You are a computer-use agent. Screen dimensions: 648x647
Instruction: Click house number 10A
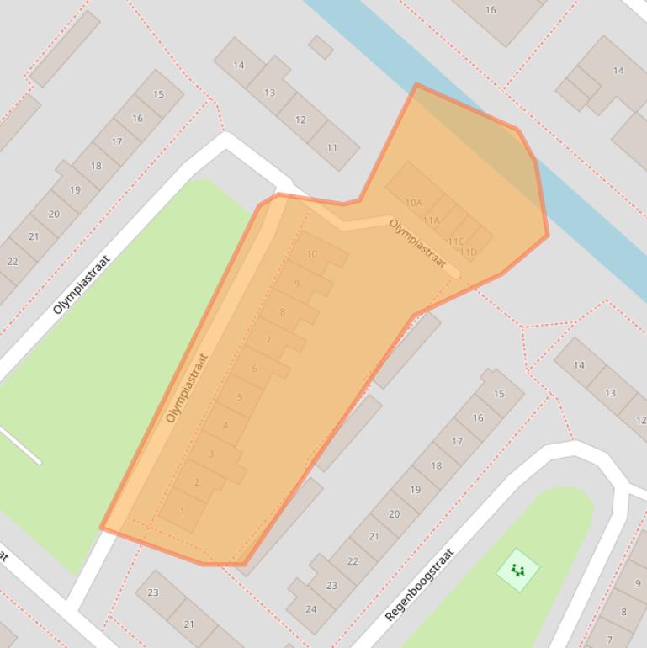coord(413,203)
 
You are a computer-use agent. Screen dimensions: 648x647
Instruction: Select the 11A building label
coord(432,220)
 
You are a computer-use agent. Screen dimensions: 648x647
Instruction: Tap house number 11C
coord(455,242)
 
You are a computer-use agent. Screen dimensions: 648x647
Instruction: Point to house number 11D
coord(469,252)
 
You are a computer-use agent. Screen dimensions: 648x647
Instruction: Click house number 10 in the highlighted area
coord(312,254)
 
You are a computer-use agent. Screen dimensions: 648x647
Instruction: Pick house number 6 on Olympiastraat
coord(254,369)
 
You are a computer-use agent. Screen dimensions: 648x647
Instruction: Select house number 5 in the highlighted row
coord(240,397)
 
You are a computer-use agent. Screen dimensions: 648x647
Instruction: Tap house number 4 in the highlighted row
coord(225,425)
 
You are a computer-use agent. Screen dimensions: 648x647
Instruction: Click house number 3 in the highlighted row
coord(211,454)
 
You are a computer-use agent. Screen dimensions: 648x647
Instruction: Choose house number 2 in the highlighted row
coord(197,482)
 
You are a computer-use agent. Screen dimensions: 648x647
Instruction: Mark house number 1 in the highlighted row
coord(182,511)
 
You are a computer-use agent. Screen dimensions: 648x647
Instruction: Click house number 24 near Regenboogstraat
coord(311,608)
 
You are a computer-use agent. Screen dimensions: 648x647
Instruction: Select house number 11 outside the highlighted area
coord(331,148)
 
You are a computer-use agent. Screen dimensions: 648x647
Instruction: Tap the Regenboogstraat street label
coord(419,586)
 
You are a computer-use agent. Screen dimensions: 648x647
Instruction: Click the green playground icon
coord(517,571)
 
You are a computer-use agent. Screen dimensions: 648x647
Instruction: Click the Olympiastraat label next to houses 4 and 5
coord(187,388)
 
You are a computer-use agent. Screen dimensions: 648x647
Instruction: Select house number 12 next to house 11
coord(300,120)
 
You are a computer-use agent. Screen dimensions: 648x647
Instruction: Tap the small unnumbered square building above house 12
coord(321,47)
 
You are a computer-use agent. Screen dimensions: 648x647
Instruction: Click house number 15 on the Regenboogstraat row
coord(499,394)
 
